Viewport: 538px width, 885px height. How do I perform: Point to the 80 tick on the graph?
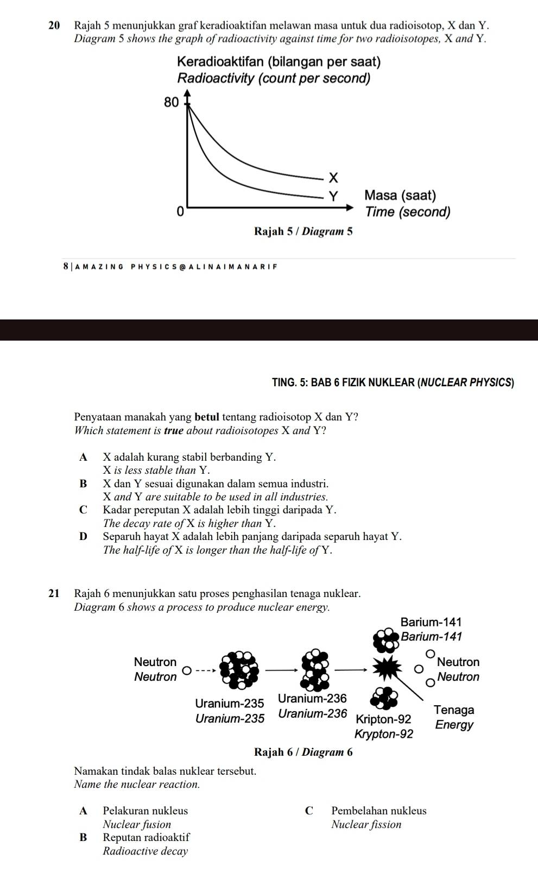click(171, 102)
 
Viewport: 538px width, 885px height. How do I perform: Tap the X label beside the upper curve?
click(333, 178)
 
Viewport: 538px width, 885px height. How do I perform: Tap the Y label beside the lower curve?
click(334, 196)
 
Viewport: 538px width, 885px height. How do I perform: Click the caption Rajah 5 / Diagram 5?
click(303, 231)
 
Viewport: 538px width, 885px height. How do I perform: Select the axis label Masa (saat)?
click(401, 195)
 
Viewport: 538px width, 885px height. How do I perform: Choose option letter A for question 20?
click(83, 457)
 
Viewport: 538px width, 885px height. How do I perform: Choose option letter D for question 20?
click(83, 537)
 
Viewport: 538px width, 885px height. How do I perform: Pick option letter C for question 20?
click(83, 510)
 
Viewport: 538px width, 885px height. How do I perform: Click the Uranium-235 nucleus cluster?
click(238, 669)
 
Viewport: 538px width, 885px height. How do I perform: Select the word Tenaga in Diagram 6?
click(454, 710)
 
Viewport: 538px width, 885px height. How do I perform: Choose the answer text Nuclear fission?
click(366, 825)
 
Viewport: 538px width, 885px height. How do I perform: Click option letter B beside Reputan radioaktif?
click(83, 838)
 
